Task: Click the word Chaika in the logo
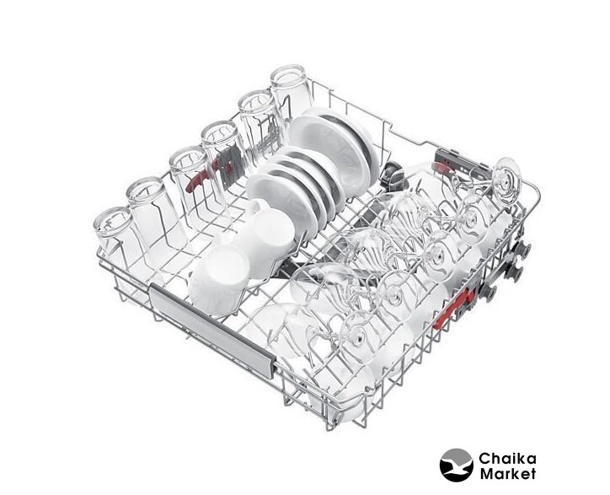507,459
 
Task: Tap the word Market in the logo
508,474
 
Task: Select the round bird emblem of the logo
457,465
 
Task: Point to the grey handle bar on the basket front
211,329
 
